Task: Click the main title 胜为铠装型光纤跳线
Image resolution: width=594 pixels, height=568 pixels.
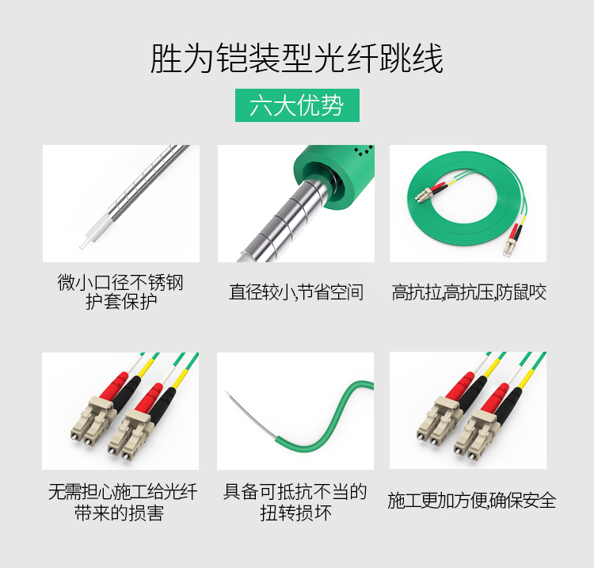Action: point(297,59)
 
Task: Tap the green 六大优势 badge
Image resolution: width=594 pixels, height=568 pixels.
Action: point(297,105)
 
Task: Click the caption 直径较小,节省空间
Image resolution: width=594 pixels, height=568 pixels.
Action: point(296,292)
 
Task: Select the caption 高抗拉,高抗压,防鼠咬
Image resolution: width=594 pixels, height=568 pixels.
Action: point(469,292)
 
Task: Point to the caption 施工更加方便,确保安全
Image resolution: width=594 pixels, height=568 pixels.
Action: point(472,500)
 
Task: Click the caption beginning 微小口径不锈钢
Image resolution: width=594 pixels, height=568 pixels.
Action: point(120,292)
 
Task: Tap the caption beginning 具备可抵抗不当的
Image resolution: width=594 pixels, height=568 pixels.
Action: point(295,502)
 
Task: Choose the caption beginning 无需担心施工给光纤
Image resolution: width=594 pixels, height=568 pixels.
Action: point(122,502)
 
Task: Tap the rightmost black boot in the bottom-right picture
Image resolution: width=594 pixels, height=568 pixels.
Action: point(509,401)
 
